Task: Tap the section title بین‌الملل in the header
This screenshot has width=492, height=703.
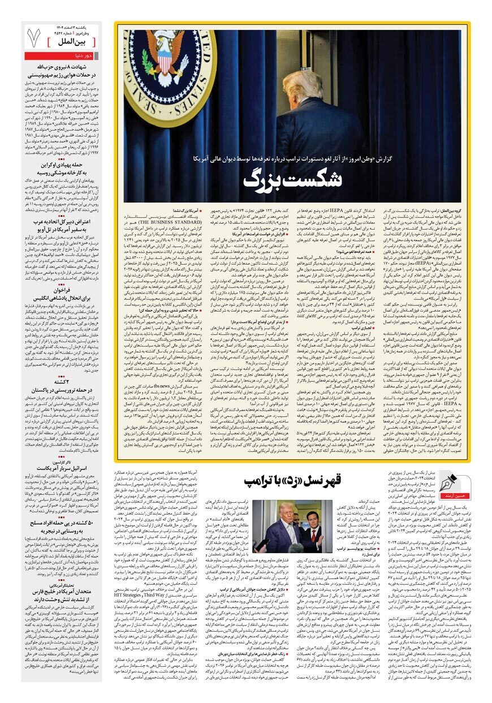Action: (x=76, y=41)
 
